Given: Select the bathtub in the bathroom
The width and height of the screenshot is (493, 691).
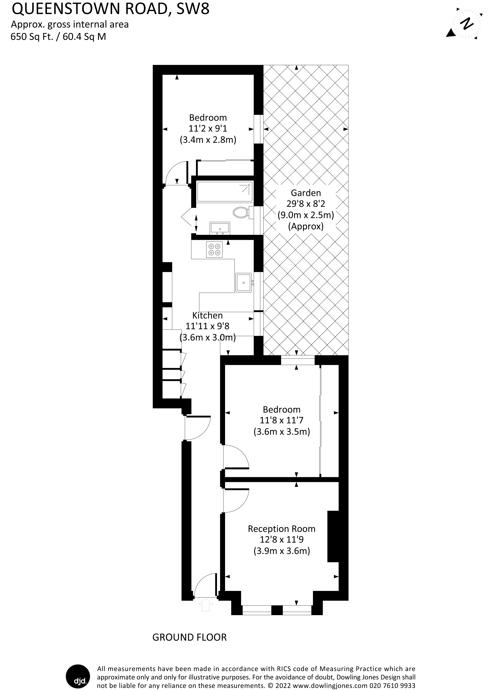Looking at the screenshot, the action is click(x=225, y=192).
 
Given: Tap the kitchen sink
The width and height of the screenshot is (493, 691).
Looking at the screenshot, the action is click(x=244, y=282).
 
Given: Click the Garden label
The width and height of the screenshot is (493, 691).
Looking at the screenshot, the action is click(x=306, y=193).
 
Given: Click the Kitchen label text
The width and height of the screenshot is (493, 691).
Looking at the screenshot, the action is click(x=208, y=315).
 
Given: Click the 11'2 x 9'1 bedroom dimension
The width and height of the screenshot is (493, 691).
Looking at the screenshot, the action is click(x=208, y=129).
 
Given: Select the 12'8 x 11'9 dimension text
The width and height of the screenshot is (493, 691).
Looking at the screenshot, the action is click(x=282, y=540).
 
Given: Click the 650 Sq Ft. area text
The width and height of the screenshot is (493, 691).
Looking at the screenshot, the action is click(x=35, y=37).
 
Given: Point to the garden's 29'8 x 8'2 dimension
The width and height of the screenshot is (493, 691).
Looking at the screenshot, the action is click(x=306, y=204).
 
